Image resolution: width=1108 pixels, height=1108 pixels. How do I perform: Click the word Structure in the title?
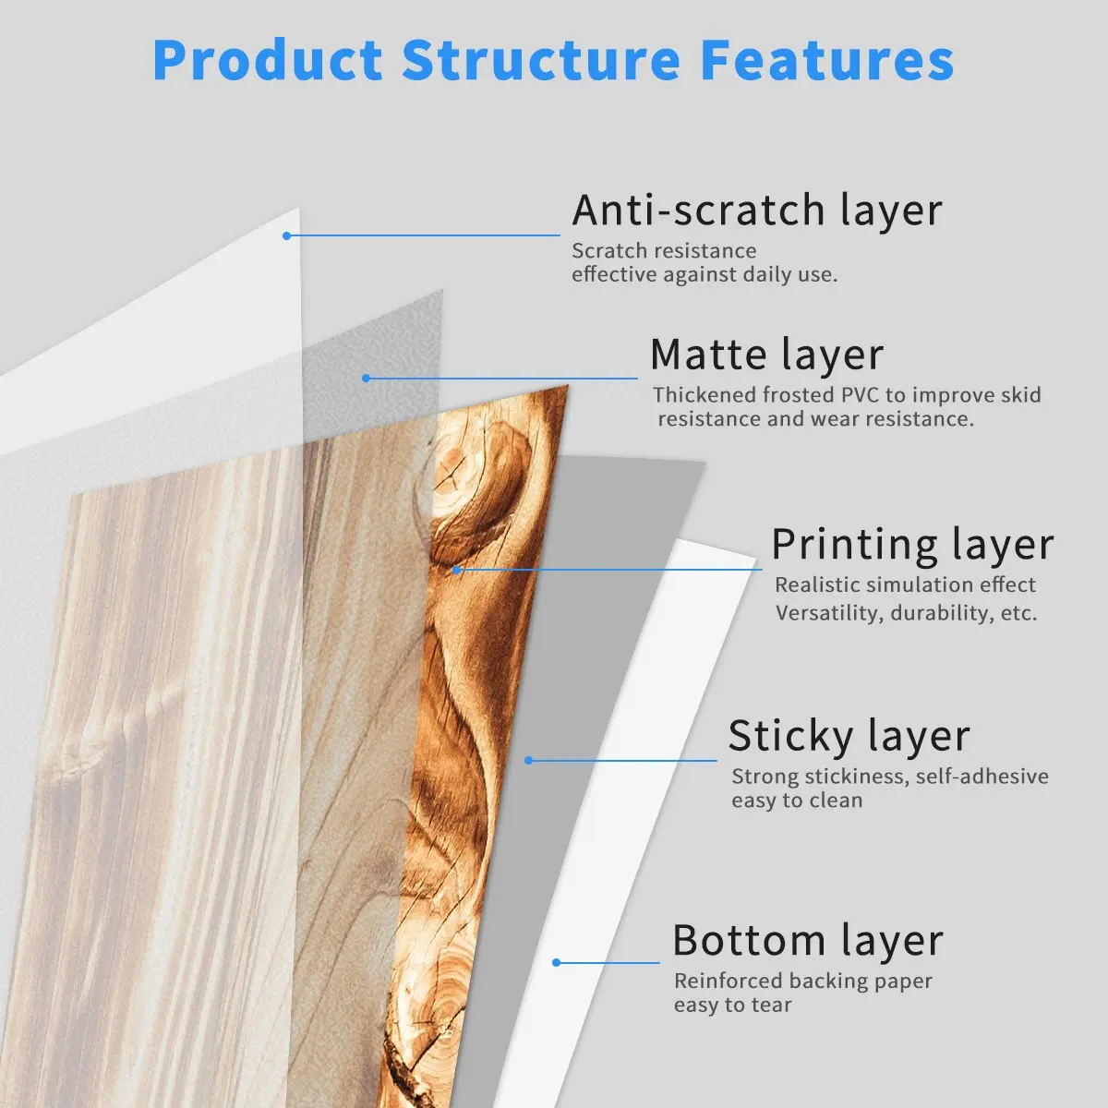[540, 60]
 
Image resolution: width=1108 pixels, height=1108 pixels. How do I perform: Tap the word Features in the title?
[827, 60]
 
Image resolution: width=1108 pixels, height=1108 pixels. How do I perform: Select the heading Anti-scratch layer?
[757, 211]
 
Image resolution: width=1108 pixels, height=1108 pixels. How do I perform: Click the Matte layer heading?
[766, 355]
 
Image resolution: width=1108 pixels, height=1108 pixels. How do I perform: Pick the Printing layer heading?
[912, 545]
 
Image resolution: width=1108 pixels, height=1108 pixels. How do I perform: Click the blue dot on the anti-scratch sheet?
[286, 235]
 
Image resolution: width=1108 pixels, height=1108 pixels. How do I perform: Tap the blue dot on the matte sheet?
[367, 379]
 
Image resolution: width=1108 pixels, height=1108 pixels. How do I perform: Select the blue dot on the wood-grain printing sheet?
[456, 571]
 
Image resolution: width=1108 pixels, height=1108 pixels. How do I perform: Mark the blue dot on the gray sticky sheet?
[528, 761]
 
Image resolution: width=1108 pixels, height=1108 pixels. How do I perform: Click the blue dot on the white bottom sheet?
[556, 962]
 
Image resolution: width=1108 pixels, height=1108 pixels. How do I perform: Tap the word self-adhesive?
[982, 777]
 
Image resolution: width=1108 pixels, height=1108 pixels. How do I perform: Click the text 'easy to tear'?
[732, 1006]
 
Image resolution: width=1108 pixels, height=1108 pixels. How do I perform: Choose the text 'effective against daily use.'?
[705, 275]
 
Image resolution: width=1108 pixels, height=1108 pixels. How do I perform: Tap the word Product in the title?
[268, 60]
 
